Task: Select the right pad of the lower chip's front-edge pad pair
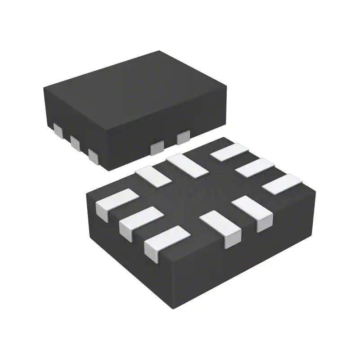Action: pos(252,209)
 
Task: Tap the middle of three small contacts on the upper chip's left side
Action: pos(75,142)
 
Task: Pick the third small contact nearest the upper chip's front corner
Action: pos(93,155)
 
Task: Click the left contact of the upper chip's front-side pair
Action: pos(157,146)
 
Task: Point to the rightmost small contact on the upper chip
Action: pos(183,136)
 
